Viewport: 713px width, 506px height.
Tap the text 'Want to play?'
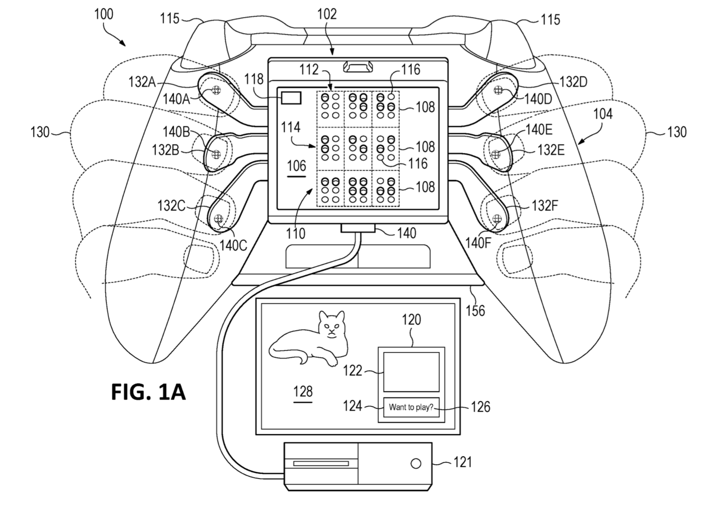pyautogui.click(x=411, y=407)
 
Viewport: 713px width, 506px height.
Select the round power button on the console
pyautogui.click(x=416, y=463)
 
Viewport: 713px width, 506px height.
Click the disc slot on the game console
pyautogui.click(x=321, y=463)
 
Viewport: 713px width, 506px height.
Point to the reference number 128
pyautogui.click(x=303, y=391)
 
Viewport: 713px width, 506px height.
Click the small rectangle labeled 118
pyautogui.click(x=291, y=98)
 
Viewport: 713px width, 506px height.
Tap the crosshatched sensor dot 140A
pyautogui.click(x=216, y=90)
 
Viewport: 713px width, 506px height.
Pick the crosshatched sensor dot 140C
pyautogui.click(x=218, y=219)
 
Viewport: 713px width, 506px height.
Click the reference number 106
pyautogui.click(x=297, y=166)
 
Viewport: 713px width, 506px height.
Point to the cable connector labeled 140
pyautogui.click(x=358, y=228)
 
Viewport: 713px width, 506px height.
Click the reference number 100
pyautogui.click(x=104, y=14)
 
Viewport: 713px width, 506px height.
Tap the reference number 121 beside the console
pyautogui.click(x=462, y=461)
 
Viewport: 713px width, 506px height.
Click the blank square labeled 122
pyautogui.click(x=411, y=372)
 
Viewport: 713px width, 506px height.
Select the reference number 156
pyautogui.click(x=475, y=311)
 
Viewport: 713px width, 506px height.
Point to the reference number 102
pyautogui.click(x=327, y=14)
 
